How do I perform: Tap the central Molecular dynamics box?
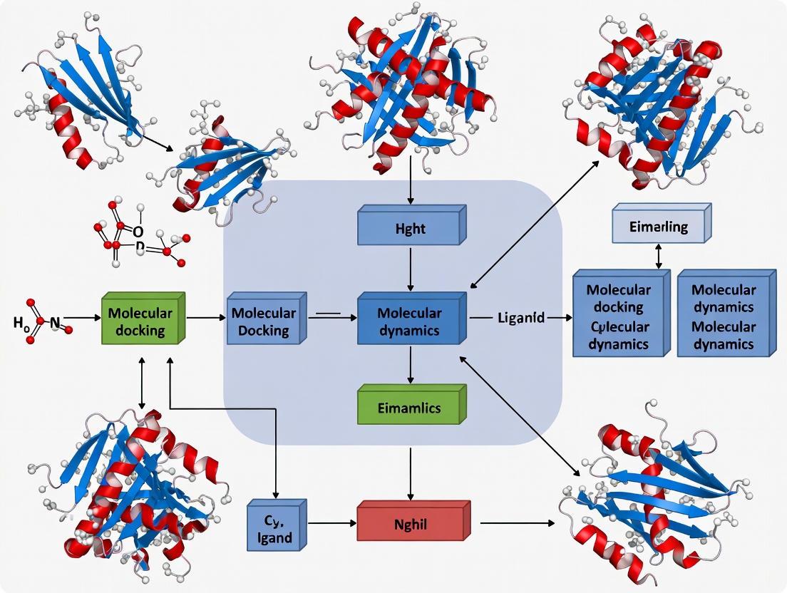409,321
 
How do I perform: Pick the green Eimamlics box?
409,408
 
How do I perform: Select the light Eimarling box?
659,227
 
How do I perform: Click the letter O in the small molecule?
138,232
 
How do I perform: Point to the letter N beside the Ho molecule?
55,323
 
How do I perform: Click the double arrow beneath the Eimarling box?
659,255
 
